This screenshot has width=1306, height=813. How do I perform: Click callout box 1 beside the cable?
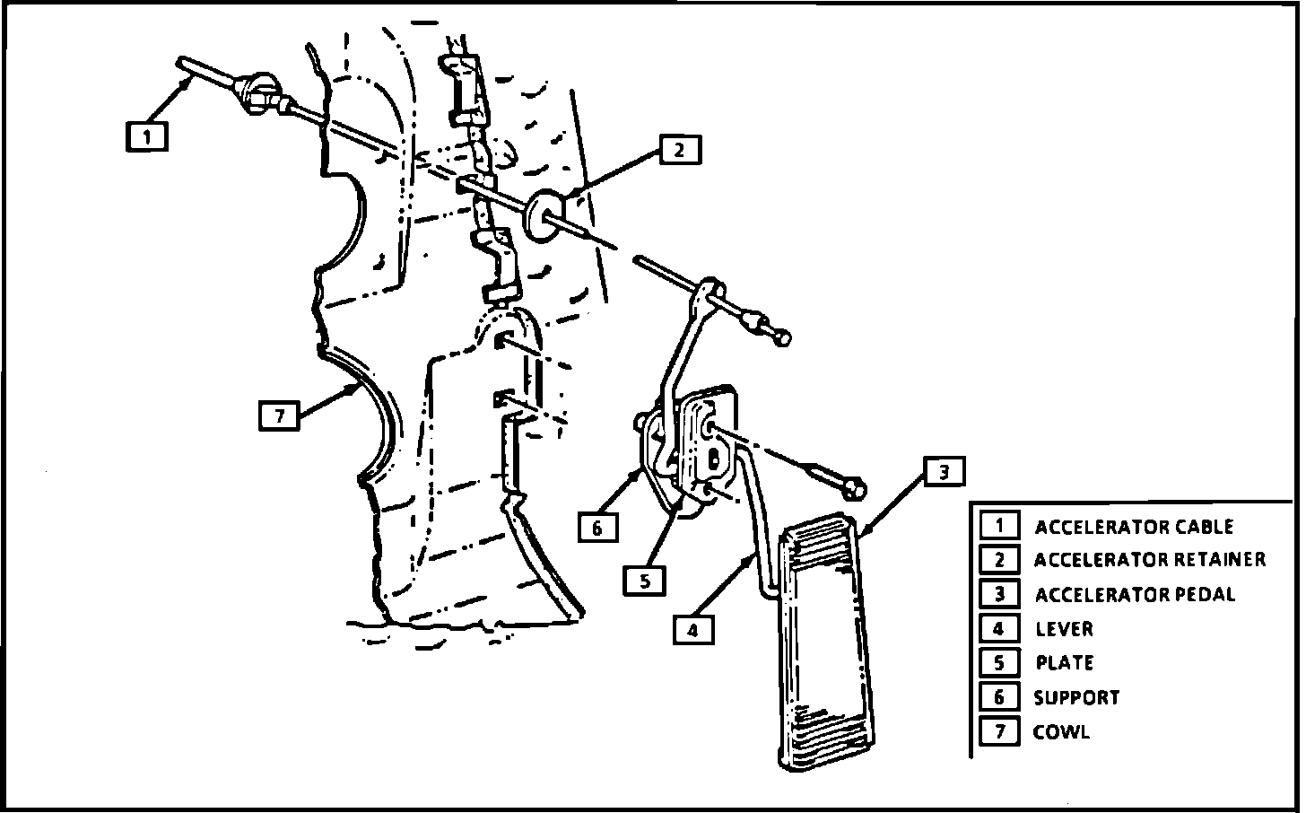147,136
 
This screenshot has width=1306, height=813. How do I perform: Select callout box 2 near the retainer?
679,150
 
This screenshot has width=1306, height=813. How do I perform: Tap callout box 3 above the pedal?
944,471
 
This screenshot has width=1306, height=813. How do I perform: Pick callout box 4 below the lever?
692,630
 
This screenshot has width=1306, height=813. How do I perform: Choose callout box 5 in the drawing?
645,581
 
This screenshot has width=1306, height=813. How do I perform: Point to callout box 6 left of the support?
597,528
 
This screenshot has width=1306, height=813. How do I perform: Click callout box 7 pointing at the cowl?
280,416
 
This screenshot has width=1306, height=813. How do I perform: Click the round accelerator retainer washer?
542,216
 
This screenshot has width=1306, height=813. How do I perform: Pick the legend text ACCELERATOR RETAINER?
1149,560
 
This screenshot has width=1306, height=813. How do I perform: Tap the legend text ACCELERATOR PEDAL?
1135,594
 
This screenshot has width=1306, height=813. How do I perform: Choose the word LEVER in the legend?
1065,629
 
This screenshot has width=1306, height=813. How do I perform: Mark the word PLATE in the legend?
1065,663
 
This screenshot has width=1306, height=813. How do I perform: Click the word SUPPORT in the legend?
1076,697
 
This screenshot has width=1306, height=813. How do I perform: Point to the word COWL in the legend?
1061,731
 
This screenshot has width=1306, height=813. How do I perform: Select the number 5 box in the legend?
999,663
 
